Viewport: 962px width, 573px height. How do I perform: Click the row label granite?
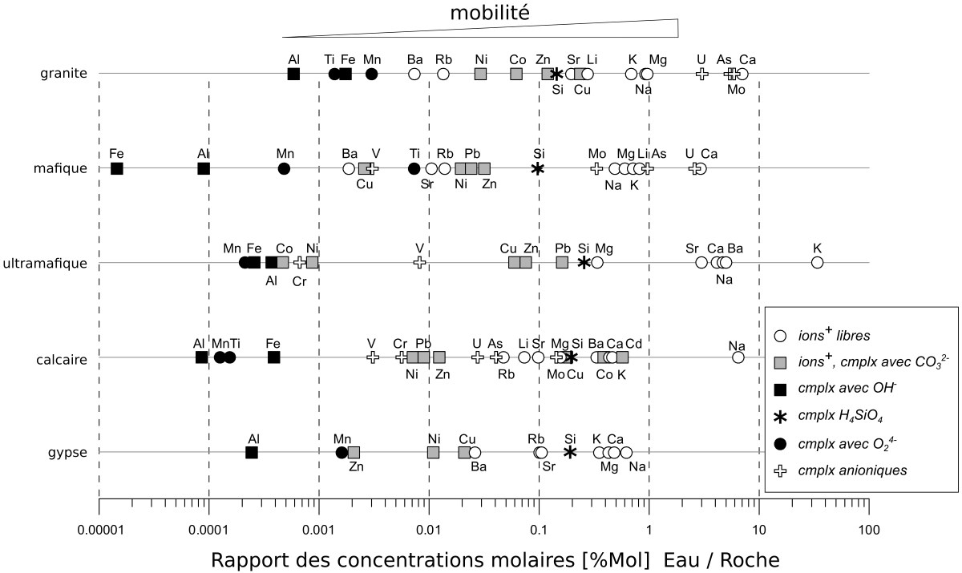pos(63,74)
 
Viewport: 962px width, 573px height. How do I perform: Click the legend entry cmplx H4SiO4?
pos(844,416)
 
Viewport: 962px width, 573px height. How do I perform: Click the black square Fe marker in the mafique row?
pos(117,168)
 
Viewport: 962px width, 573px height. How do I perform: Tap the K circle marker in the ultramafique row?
pos(817,263)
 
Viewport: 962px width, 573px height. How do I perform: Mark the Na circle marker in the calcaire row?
pos(738,357)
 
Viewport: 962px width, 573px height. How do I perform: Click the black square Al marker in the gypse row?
pos(252,452)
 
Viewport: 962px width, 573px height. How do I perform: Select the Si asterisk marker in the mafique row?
pos(539,168)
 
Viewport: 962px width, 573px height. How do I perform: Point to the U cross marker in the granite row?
pos(701,74)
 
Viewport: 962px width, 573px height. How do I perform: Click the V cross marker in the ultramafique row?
pos(418,263)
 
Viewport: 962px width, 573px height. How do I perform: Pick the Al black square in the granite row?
pos(293,74)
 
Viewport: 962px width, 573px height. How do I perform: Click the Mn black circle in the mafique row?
pos(284,168)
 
